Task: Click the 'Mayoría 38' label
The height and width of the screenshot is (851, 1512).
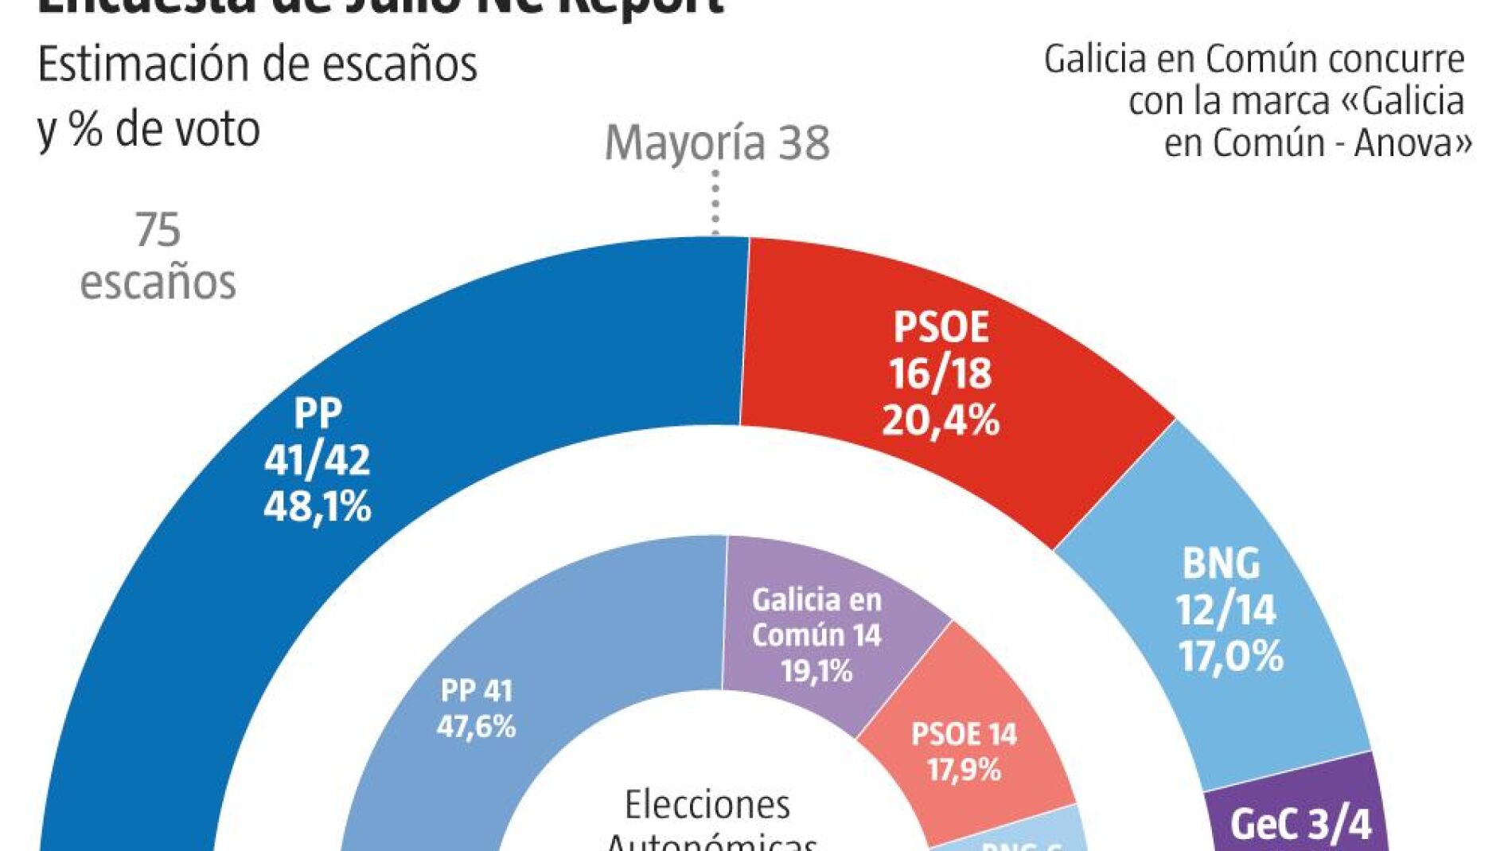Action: coord(717,143)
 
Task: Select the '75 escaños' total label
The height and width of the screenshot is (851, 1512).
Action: coord(158,256)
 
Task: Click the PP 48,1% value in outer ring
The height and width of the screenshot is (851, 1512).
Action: coord(318,507)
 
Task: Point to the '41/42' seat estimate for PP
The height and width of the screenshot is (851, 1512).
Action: coord(318,460)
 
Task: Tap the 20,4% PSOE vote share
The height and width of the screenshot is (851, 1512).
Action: coord(941,420)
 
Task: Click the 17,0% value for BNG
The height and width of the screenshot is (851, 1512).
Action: coord(1230,657)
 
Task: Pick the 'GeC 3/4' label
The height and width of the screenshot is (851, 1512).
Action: coord(1301,825)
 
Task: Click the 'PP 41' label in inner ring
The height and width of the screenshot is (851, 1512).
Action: coord(477,690)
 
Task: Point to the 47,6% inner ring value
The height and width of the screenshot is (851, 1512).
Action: coord(477,726)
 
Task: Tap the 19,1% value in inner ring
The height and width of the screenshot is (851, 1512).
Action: coord(816,671)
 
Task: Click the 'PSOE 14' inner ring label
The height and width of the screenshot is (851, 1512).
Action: coord(964,733)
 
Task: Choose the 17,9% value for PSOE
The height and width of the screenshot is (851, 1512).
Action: coord(964,769)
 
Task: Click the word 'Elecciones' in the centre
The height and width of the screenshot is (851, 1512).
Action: coord(707,805)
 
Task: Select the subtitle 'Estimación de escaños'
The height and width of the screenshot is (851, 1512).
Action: coord(258,64)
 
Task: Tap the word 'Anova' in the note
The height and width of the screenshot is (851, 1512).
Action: coord(1404,143)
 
